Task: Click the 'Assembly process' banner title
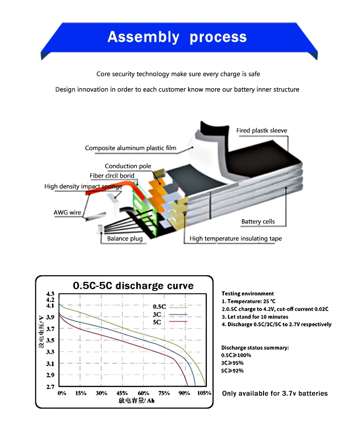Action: pos(177,37)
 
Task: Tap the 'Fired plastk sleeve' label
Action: pos(262,130)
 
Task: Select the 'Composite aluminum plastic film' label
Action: pos(131,148)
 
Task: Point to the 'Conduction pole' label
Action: pos(128,166)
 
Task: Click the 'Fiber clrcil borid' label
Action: pos(112,176)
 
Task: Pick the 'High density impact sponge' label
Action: pos(83,186)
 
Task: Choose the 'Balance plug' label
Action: pos(125,238)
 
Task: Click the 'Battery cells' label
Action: pos(258,222)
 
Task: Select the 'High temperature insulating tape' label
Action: pos(236,238)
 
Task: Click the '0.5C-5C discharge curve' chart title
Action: pos(133,286)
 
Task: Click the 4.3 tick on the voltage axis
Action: pos(50,294)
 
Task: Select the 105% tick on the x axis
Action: pos(204,393)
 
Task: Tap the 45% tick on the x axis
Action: pos(122,393)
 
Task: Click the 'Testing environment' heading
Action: pos(248,294)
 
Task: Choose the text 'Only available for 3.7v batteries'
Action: pos(275,393)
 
